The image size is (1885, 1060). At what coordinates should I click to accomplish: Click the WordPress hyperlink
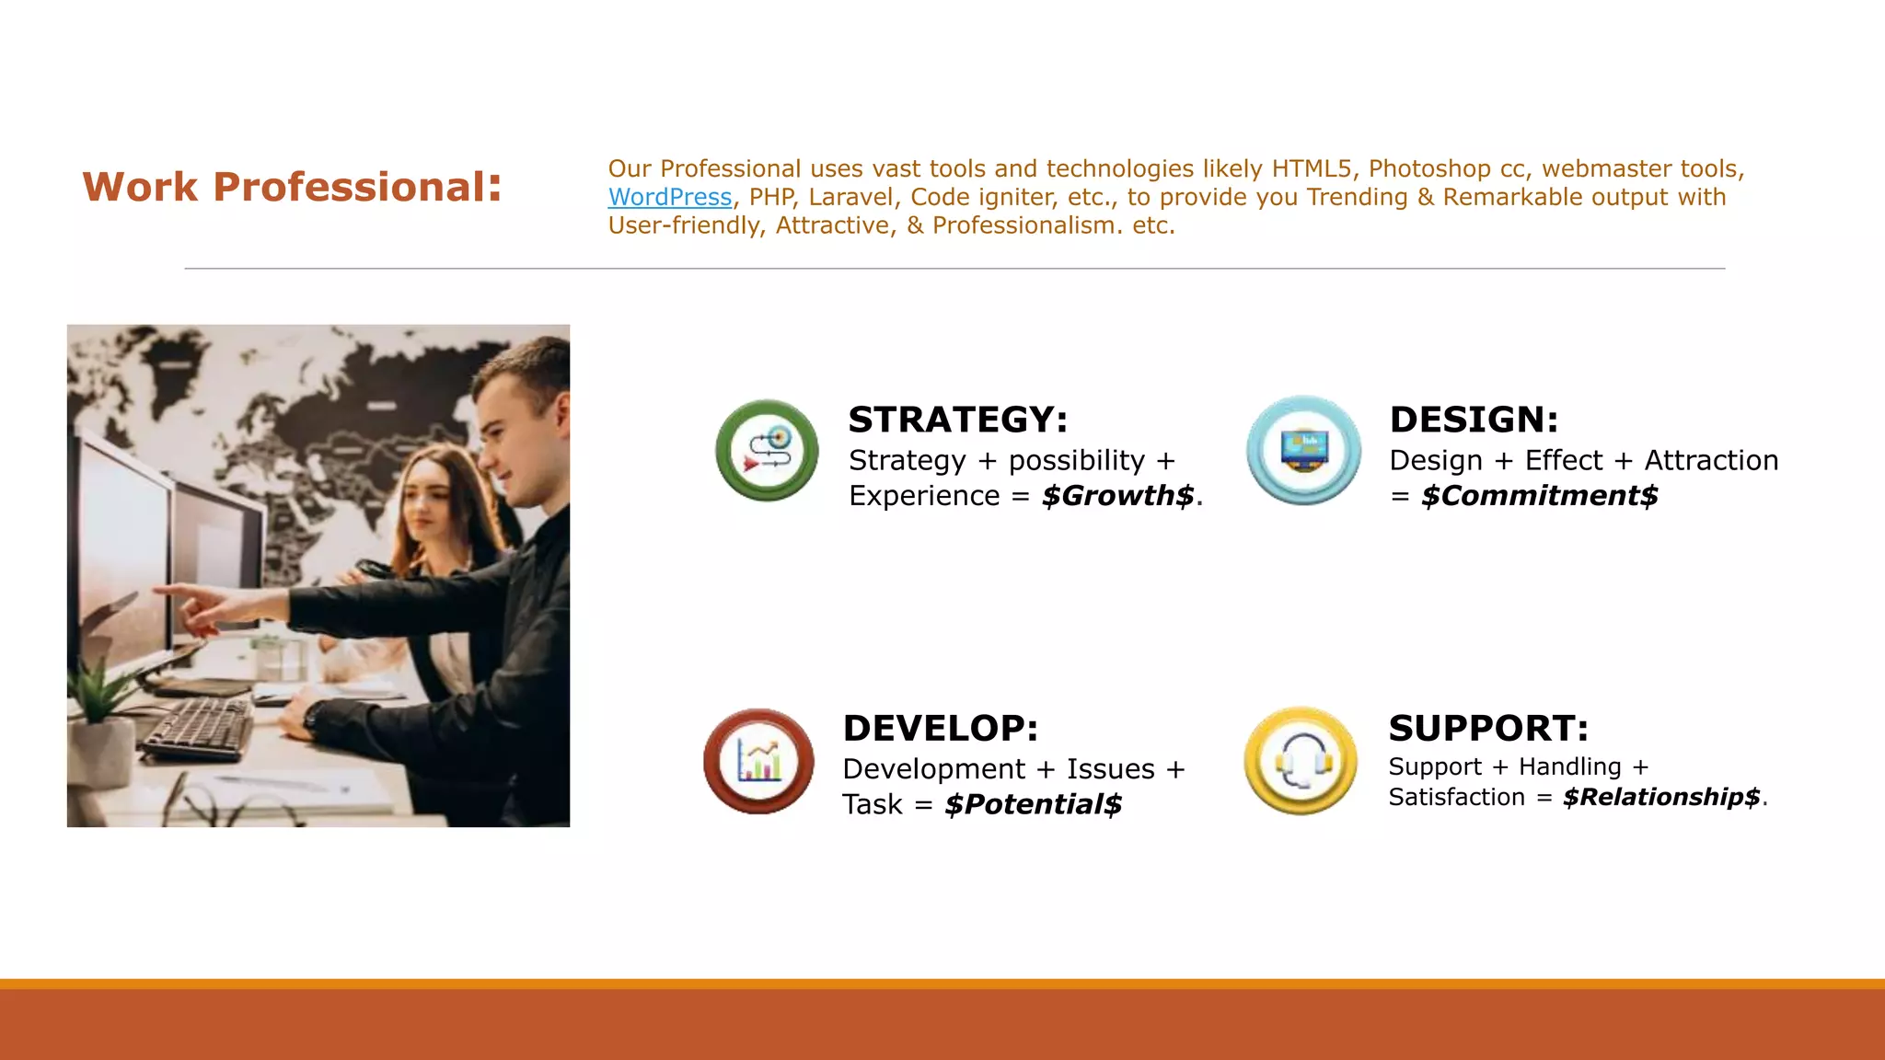pos(669,198)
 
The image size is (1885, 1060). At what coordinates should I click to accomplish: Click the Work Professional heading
pos(292,187)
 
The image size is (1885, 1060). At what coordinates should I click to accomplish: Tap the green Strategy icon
pos(767,451)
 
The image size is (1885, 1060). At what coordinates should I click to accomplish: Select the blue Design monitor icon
pos(1303,451)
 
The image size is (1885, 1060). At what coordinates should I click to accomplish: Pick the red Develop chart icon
pos(758,761)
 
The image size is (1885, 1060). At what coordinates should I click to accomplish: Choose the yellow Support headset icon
pos(1300,761)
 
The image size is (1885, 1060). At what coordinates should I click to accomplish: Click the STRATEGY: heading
pos(957,420)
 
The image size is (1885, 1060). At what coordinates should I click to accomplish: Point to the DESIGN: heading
pos(1474,420)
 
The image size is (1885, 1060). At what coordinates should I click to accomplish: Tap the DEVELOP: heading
pos(940,729)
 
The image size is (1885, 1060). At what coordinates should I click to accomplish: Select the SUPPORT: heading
pos(1488,729)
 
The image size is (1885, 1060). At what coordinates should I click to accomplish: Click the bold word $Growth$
pos(1117,496)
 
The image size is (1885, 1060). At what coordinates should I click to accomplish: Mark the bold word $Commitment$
pos(1539,496)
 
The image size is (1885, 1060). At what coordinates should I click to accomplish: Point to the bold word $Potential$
pos(1033,805)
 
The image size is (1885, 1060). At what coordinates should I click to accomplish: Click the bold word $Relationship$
pos(1661,797)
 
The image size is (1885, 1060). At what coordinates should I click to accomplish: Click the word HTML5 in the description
pos(1311,169)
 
